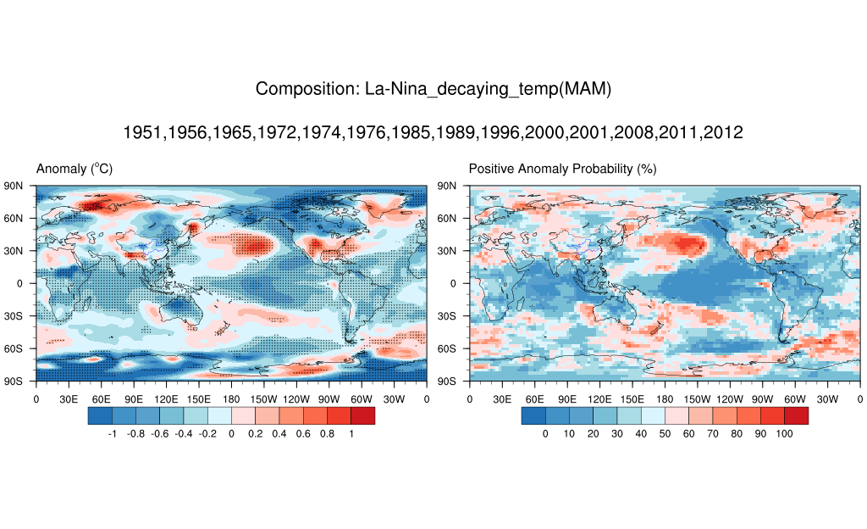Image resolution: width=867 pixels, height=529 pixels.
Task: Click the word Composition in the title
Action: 306,89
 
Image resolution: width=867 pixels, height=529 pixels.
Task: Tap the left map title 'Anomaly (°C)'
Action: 75,170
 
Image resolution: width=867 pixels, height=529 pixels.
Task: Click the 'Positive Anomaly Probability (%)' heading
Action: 562,170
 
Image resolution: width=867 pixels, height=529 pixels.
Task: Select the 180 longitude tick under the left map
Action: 231,398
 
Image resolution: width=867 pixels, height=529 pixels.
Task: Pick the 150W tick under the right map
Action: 697,398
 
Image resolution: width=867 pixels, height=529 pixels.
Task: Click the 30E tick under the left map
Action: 68,398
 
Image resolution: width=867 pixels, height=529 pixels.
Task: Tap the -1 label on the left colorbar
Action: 112,434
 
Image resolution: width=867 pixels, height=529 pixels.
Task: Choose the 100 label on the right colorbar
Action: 784,434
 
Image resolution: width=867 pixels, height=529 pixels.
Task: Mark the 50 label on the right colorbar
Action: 665,434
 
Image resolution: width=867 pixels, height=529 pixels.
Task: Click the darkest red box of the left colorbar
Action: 362,415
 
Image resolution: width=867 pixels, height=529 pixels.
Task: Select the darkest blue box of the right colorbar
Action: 533,415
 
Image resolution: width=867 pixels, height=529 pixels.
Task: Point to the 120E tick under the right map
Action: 599,398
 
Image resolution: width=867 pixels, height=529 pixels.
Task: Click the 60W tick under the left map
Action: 362,398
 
